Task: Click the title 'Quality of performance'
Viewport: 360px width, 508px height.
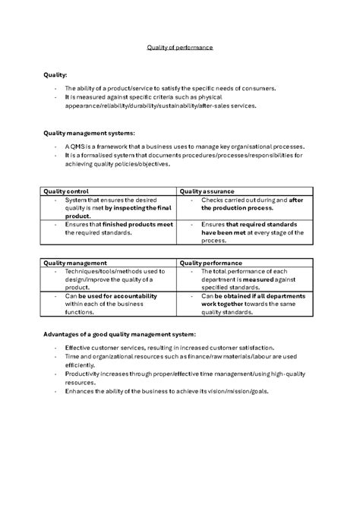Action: tap(180, 47)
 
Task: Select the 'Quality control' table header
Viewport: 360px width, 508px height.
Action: tap(67, 191)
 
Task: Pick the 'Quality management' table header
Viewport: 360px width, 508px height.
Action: tap(75, 263)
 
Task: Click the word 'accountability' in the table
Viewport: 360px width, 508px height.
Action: tap(132, 296)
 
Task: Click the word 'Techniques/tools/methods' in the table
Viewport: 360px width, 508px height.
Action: tap(97, 271)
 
